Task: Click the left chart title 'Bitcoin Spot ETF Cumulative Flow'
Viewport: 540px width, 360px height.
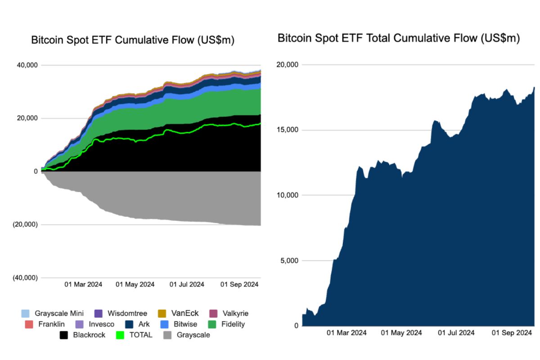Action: tap(133, 40)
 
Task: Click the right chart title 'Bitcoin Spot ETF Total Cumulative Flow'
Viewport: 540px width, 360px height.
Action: tap(398, 38)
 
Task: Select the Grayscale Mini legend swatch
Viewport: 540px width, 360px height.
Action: tap(26, 314)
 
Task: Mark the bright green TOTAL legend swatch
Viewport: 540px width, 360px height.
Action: tap(120, 335)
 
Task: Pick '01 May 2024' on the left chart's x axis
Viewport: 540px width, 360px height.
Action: tap(135, 284)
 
